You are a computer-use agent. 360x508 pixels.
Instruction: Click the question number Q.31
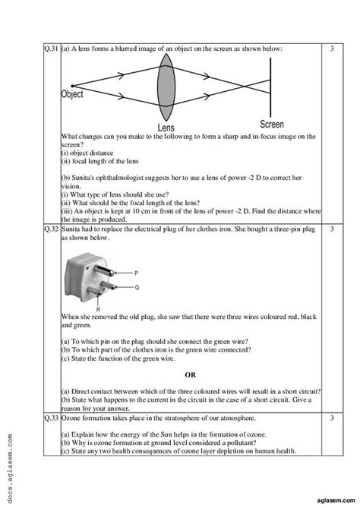point(51,49)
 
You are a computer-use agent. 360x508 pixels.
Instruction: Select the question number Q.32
point(51,229)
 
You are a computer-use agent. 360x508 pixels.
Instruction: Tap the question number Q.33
point(51,418)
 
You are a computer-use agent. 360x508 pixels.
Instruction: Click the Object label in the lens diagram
point(72,95)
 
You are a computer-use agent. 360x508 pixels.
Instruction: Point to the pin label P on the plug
point(135,273)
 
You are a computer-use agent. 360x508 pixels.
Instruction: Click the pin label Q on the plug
point(136,288)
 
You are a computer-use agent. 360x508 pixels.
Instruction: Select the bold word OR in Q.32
point(190,374)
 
